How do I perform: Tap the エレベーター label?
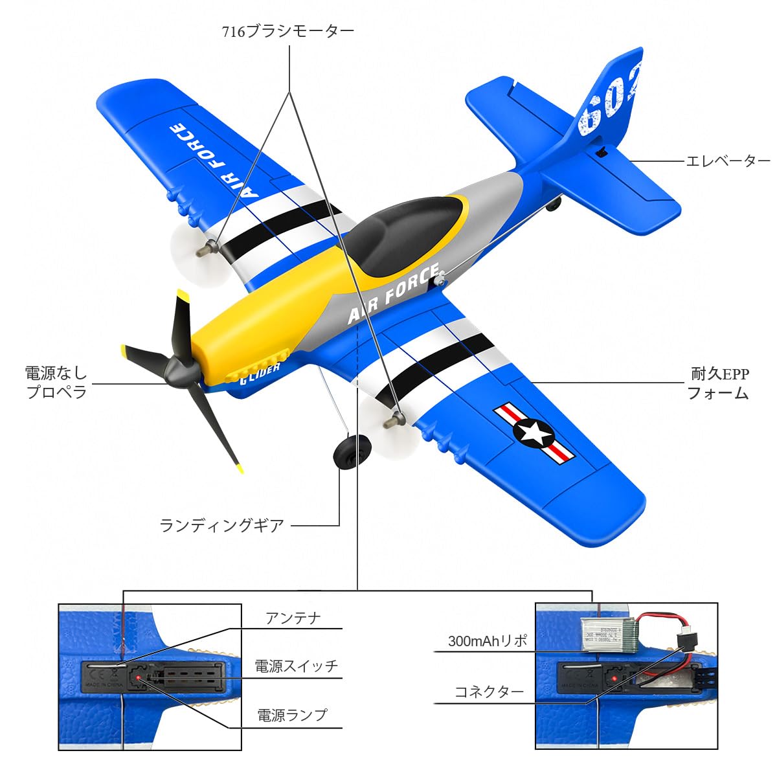728,161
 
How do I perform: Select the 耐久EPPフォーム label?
719,383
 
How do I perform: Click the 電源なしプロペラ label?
56,382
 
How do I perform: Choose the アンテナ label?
293,619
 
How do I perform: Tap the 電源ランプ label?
293,715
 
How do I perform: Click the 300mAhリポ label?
488,642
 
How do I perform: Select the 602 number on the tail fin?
609,97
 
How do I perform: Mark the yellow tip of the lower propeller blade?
239,468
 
